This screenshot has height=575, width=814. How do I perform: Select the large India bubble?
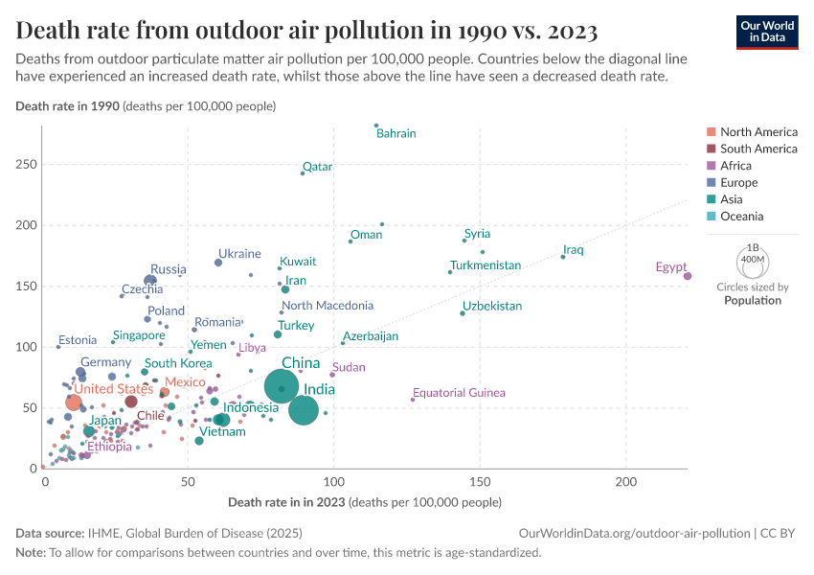(x=304, y=410)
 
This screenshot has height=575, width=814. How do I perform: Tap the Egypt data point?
(x=688, y=276)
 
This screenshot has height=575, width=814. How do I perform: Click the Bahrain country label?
(x=396, y=134)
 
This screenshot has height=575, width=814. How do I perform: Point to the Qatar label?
(x=317, y=167)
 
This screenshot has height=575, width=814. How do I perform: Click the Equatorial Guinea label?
(x=459, y=393)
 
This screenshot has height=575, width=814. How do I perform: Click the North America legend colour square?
(x=711, y=132)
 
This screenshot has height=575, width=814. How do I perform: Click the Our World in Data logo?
(x=766, y=31)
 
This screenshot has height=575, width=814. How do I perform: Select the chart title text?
(x=306, y=32)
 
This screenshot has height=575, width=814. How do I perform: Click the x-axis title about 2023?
(x=364, y=502)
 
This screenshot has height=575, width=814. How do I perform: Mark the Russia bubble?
(x=150, y=281)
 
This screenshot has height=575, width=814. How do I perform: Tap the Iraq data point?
(x=563, y=257)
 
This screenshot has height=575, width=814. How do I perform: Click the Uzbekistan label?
(x=492, y=307)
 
